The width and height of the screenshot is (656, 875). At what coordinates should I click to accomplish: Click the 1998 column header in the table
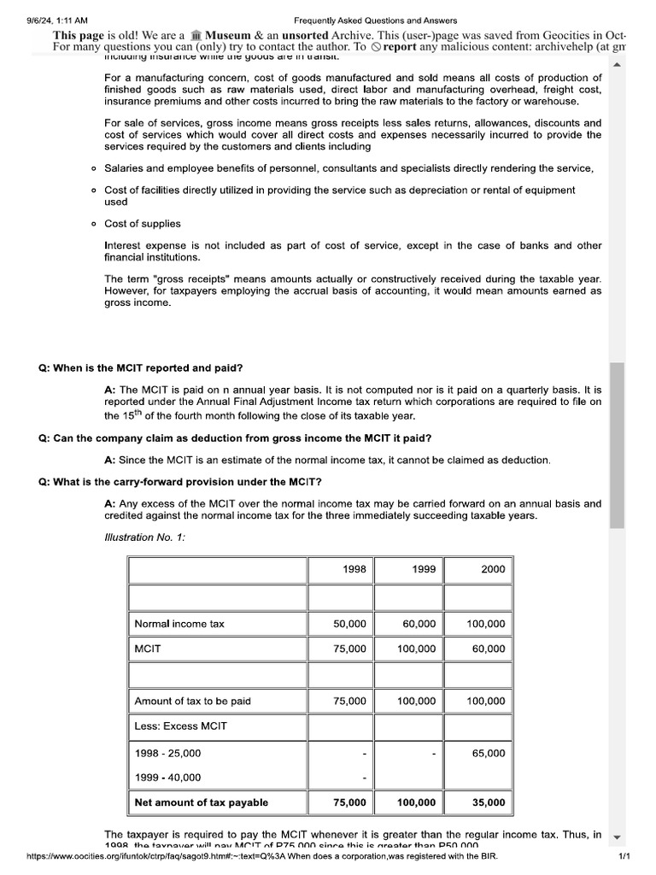coord(354,569)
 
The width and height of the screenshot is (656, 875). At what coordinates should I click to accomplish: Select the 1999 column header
coord(423,569)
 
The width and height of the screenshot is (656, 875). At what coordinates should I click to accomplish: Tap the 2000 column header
coord(493,569)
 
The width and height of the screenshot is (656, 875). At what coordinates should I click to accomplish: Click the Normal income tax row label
coord(179,625)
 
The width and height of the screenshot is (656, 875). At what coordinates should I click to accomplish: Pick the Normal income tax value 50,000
coord(349,625)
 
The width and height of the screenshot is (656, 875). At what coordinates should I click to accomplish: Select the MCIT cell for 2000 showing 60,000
coord(489,649)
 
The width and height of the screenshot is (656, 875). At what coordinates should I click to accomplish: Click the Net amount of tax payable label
coord(201,802)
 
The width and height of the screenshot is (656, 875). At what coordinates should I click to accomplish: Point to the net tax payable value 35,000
coord(489,802)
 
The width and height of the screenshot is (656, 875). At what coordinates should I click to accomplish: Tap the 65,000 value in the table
coord(489,754)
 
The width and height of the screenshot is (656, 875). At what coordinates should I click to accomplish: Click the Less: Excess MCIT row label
coord(180,726)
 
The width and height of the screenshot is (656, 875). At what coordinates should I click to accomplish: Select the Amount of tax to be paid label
coord(192,702)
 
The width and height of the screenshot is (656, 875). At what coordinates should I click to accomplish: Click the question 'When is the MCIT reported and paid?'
coord(141,368)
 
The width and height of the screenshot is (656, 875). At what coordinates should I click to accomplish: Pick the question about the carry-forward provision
coord(180,482)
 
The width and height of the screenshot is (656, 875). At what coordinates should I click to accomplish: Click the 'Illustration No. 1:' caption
coord(144,537)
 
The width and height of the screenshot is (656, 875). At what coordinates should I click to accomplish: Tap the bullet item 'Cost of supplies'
coord(143,224)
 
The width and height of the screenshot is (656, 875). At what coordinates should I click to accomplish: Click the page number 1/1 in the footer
coord(624,856)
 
